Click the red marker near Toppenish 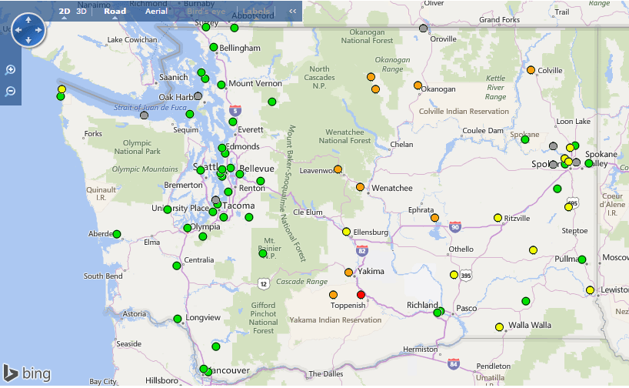pyautogui.click(x=361, y=295)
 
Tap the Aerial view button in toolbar pyautogui.click(x=156, y=12)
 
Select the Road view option pyautogui.click(x=115, y=12)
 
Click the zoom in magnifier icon pyautogui.click(x=11, y=70)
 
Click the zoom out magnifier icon pyautogui.click(x=11, y=92)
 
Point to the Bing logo pyautogui.click(x=27, y=373)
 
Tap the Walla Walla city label pyautogui.click(x=529, y=326)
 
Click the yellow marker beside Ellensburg pyautogui.click(x=346, y=232)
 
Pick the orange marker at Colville pyautogui.click(x=531, y=70)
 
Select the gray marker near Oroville pyautogui.click(x=423, y=28)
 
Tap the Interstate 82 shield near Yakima pyautogui.click(x=362, y=250)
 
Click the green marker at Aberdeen pyautogui.click(x=117, y=234)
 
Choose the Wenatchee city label pyautogui.click(x=392, y=188)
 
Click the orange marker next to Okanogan pyautogui.click(x=418, y=85)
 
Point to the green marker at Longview pyautogui.click(x=178, y=319)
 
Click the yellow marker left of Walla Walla pyautogui.click(x=500, y=326)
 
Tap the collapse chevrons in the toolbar pyautogui.click(x=292, y=12)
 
